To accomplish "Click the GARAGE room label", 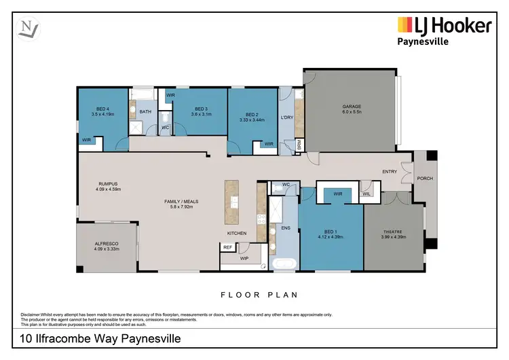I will pyautogui.click(x=351, y=107).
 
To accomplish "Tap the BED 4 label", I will pyautogui.click(x=100, y=109).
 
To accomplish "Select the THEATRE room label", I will pyautogui.click(x=393, y=232).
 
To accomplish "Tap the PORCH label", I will pyautogui.click(x=425, y=179).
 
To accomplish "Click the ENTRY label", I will pyautogui.click(x=390, y=172).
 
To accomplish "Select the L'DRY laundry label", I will pyautogui.click(x=286, y=118).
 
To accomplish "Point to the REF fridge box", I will pyautogui.click(x=227, y=247).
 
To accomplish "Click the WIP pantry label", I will pyautogui.click(x=244, y=259).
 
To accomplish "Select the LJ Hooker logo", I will pyautogui.click(x=444, y=26).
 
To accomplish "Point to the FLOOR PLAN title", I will pyautogui.click(x=259, y=295).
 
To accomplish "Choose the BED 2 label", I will pyautogui.click(x=252, y=115).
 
